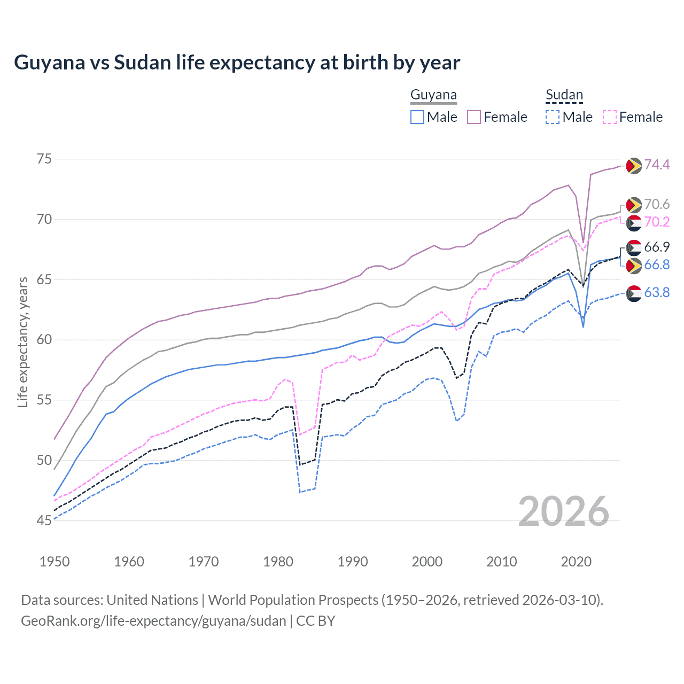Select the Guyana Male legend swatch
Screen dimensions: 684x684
click(x=417, y=117)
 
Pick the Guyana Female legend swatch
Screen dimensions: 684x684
click(x=474, y=117)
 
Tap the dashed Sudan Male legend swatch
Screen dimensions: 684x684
click(x=553, y=117)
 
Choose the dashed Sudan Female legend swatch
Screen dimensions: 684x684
click(x=610, y=117)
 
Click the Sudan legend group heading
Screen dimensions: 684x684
click(x=564, y=95)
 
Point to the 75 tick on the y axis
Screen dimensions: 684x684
click(x=44, y=159)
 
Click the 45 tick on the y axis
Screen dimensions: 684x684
click(x=44, y=520)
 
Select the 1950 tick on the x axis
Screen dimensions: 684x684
click(x=55, y=562)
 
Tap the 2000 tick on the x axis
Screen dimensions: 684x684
click(x=427, y=562)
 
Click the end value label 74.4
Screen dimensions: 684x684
click(x=657, y=165)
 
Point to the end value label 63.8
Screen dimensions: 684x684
click(x=657, y=293)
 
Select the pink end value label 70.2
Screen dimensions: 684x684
click(x=657, y=222)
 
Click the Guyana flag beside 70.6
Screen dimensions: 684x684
click(x=634, y=205)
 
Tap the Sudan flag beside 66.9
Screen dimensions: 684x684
click(x=634, y=247)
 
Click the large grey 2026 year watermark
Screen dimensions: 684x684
click(x=563, y=511)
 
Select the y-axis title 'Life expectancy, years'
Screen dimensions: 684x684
click(x=23, y=342)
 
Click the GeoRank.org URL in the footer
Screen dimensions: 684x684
click(x=153, y=621)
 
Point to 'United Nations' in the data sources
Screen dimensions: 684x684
click(x=152, y=600)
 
